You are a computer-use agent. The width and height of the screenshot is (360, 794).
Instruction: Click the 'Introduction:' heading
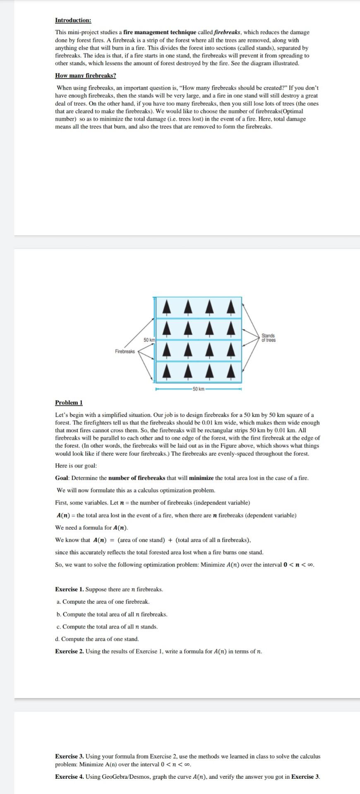[73, 20]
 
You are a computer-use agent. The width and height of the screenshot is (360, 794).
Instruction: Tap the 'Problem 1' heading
[69, 402]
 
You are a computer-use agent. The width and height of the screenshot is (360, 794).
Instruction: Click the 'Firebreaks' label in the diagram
[125, 351]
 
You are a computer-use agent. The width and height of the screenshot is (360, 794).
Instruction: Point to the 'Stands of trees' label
[269, 337]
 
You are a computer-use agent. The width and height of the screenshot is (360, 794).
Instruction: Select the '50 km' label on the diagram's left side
[149, 340]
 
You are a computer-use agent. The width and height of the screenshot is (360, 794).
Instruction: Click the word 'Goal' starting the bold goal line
[62, 478]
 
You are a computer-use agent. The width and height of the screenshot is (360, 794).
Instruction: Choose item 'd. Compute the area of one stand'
[97, 639]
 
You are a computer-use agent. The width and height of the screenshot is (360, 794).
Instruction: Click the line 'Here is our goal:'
[76, 465]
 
